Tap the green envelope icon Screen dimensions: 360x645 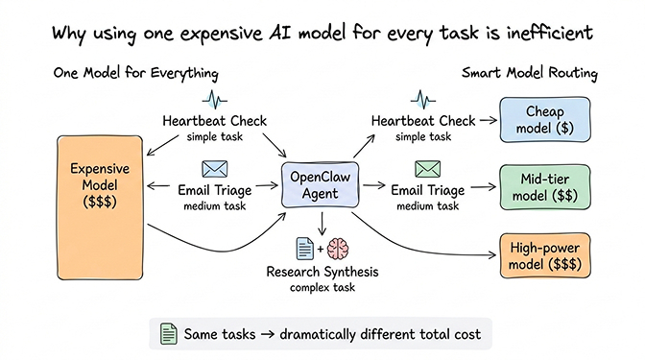pos(425,169)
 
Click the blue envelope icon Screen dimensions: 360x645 pos(215,169)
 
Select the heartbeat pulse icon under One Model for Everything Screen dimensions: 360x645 pos(215,100)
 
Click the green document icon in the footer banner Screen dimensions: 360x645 pos(168,334)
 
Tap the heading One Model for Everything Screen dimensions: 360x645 pos(135,74)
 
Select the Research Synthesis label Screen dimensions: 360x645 pos(322,272)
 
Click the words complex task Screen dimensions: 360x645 pos(322,288)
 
